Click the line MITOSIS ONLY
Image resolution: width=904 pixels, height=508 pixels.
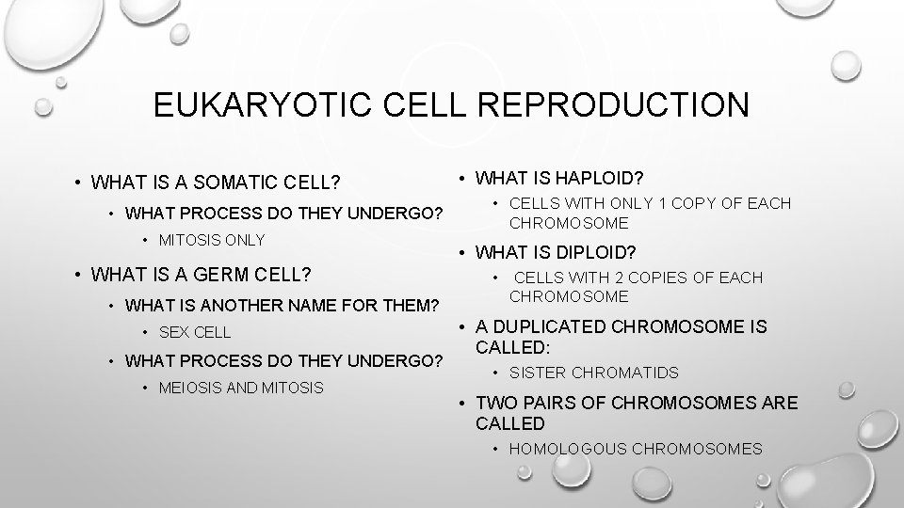212,240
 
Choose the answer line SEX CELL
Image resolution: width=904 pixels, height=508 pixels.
195,332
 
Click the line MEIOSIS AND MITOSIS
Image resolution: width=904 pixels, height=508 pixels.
241,388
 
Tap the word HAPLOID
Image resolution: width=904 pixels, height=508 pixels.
591,177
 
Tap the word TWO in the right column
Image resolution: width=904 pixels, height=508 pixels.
496,403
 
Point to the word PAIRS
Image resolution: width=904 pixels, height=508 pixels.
553,403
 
